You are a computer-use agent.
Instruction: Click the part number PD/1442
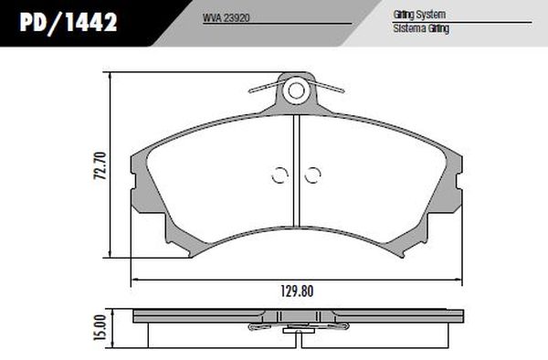pyautogui.click(x=68, y=22)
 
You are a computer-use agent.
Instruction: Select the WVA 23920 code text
pyautogui.click(x=227, y=18)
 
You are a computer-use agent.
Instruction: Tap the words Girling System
pyautogui.click(x=419, y=15)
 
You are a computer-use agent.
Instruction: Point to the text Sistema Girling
pyautogui.click(x=421, y=28)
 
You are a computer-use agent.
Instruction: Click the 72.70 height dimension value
pyautogui.click(x=100, y=165)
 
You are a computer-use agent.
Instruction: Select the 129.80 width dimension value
pyautogui.click(x=297, y=291)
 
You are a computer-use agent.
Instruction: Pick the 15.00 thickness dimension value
pyautogui.click(x=100, y=327)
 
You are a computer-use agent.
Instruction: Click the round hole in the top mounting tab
pyautogui.click(x=296, y=90)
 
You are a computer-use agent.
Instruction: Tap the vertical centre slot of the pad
pyautogui.click(x=296, y=170)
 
